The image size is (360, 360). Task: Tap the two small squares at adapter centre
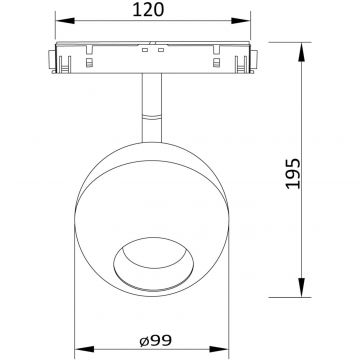click(x=152, y=48)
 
